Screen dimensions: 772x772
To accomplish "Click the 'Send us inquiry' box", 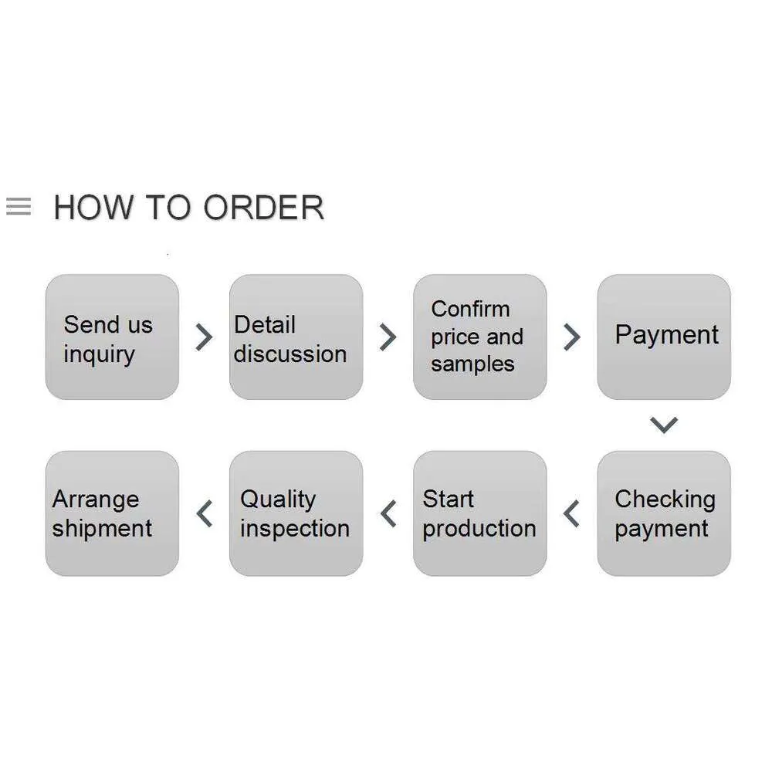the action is pyautogui.click(x=112, y=337).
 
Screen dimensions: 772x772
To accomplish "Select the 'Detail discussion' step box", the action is pyautogui.click(x=296, y=337).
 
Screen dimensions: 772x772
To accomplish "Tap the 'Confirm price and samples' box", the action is pyautogui.click(x=480, y=337).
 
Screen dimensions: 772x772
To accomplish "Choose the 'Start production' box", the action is pyautogui.click(x=480, y=513).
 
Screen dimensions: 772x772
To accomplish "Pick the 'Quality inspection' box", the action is pyautogui.click(x=296, y=513).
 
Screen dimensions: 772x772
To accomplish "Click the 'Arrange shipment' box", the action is pyautogui.click(x=112, y=513).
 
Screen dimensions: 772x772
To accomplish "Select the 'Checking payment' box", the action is pyautogui.click(x=664, y=513).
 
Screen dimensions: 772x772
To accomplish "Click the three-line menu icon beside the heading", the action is pyautogui.click(x=19, y=206).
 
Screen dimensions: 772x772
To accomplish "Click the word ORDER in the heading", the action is pyautogui.click(x=264, y=207).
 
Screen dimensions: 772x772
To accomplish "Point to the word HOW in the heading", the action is pyautogui.click(x=93, y=207).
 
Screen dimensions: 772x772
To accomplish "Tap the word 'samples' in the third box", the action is pyautogui.click(x=472, y=365).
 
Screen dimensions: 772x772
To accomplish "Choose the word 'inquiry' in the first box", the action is pyautogui.click(x=99, y=354).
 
